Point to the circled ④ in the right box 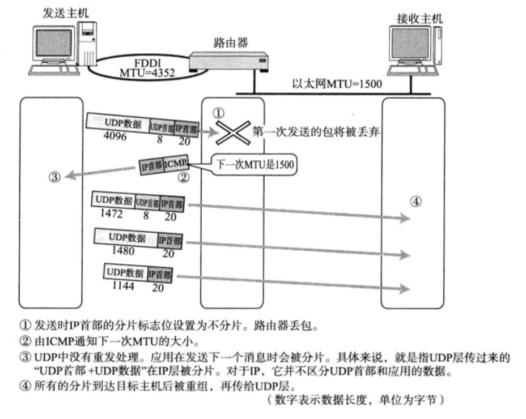415,201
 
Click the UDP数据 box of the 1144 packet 125,272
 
